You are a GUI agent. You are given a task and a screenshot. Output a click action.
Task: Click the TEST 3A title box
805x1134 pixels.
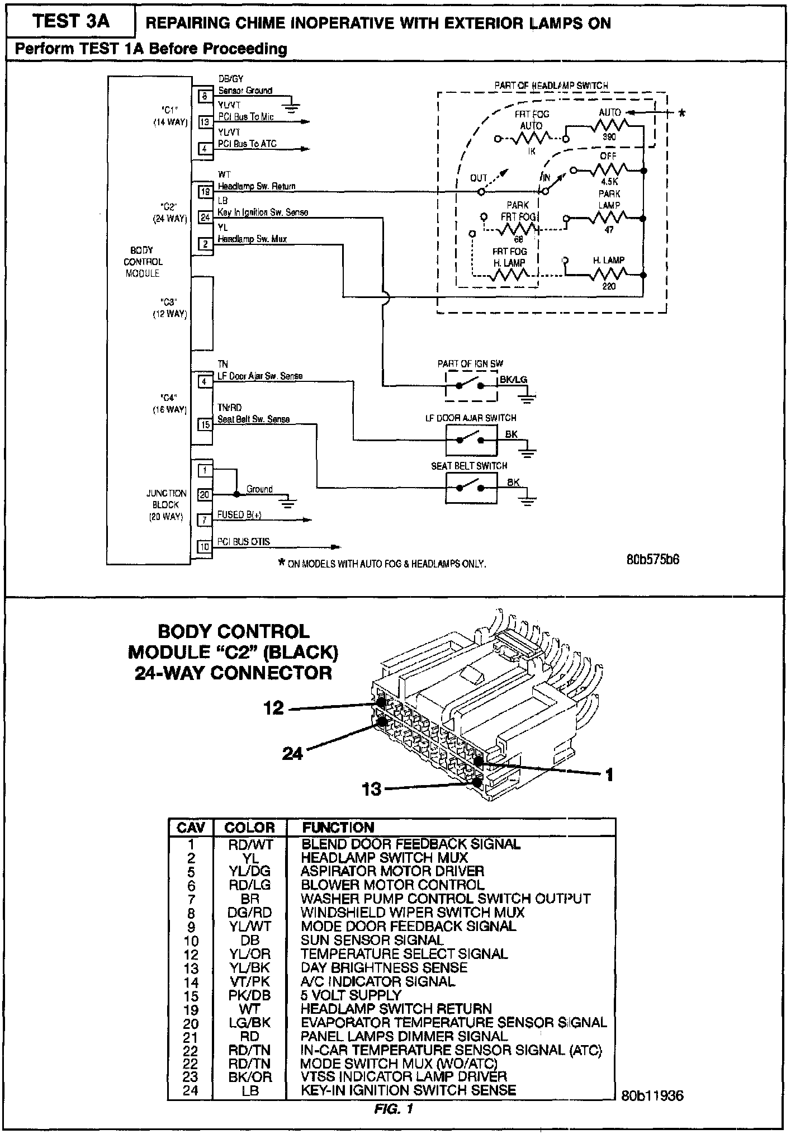[x=71, y=22]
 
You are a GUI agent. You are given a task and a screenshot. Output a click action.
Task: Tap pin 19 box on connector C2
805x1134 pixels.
[x=205, y=192]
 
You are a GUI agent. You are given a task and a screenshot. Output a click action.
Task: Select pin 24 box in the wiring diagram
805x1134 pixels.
[x=205, y=218]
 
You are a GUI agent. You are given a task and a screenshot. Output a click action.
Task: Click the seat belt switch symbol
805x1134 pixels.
[x=471, y=488]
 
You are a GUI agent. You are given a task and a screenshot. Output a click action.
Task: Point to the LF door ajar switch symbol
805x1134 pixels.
[x=471, y=440]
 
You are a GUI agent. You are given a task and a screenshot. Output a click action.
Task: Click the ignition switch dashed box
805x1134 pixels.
[x=471, y=385]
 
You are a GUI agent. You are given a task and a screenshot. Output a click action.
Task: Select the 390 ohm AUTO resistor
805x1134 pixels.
[x=610, y=126]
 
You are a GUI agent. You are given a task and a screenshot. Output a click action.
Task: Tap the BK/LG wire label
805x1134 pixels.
[x=513, y=380]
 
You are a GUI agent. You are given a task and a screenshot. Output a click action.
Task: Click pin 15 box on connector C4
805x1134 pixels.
[x=205, y=424]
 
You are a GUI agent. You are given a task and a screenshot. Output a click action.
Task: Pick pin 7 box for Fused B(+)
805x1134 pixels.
[x=205, y=520]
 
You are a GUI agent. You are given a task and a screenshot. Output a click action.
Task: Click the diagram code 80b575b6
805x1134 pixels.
[x=653, y=559]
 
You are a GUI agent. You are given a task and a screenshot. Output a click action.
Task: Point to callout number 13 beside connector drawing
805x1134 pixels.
[x=371, y=789]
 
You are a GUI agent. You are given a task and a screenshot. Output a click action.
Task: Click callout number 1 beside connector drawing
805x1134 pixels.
[x=609, y=774]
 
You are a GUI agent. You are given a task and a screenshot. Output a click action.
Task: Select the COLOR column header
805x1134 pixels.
[x=249, y=828]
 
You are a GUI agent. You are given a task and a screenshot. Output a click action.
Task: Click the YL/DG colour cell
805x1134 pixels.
[x=249, y=871]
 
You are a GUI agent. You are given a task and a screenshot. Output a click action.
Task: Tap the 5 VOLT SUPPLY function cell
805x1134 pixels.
[x=351, y=995]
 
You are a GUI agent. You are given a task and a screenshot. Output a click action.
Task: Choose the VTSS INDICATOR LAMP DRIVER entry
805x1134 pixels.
[x=404, y=1076]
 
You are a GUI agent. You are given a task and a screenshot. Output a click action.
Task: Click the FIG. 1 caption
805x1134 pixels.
[x=393, y=1108]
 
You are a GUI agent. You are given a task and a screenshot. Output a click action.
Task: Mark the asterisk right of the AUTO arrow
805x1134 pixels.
[x=681, y=114]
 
